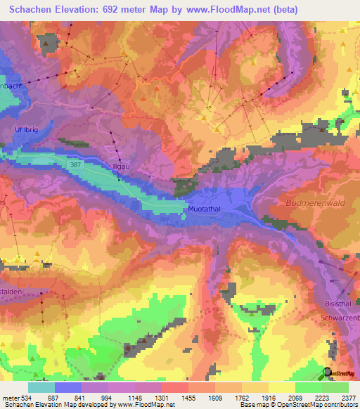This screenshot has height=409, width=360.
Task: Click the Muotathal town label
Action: (x=207, y=209)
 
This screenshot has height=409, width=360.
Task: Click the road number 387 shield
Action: (x=77, y=164)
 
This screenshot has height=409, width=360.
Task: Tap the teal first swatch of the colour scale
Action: (x=41, y=387)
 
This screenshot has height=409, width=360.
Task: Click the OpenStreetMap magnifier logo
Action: (x=328, y=372)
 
